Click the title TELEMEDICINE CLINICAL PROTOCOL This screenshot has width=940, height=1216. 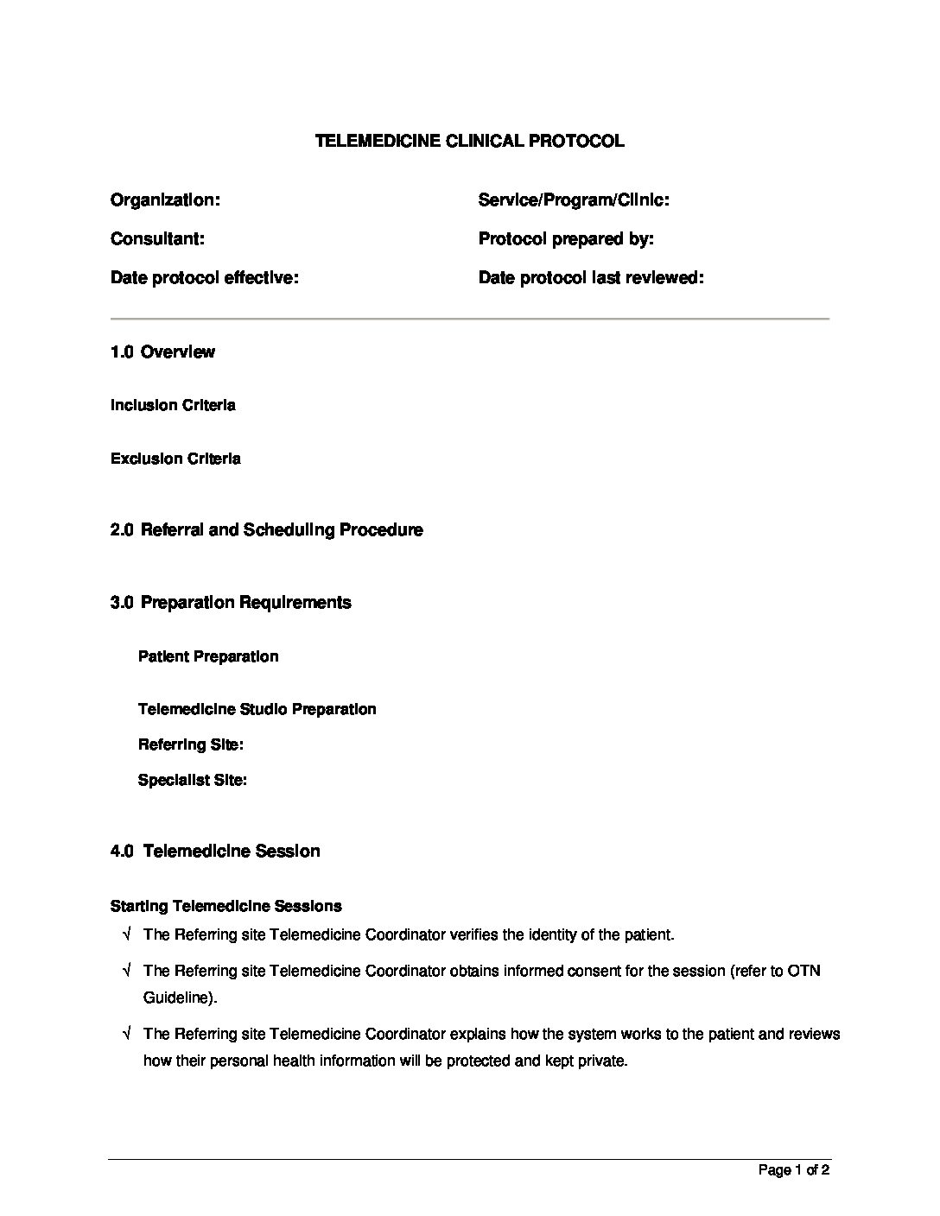coord(469,141)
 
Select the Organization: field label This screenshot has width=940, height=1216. coord(165,200)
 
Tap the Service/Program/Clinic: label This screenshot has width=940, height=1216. coord(574,200)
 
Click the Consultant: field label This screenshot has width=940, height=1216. coord(157,239)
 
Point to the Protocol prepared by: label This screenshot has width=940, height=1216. coord(565,239)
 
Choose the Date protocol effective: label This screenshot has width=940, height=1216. coord(204,278)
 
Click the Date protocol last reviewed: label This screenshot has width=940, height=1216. coord(591,278)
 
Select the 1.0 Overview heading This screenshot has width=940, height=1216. coord(162,351)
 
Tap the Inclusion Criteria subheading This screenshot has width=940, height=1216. coord(173,405)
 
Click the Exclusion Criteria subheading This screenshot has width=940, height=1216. coord(175,459)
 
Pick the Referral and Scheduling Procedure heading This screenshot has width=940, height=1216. coord(281,529)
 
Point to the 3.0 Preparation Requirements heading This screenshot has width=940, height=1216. coord(231,602)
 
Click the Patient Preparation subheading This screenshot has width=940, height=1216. coord(208,656)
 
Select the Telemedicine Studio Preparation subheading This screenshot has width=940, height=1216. coord(257,709)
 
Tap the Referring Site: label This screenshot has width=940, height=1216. coord(190,744)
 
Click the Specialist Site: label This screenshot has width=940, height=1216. coord(193,780)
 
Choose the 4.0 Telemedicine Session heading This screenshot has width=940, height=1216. coord(215,851)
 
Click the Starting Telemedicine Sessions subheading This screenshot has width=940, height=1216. coord(225,906)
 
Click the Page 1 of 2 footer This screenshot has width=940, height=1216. coord(793,1170)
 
